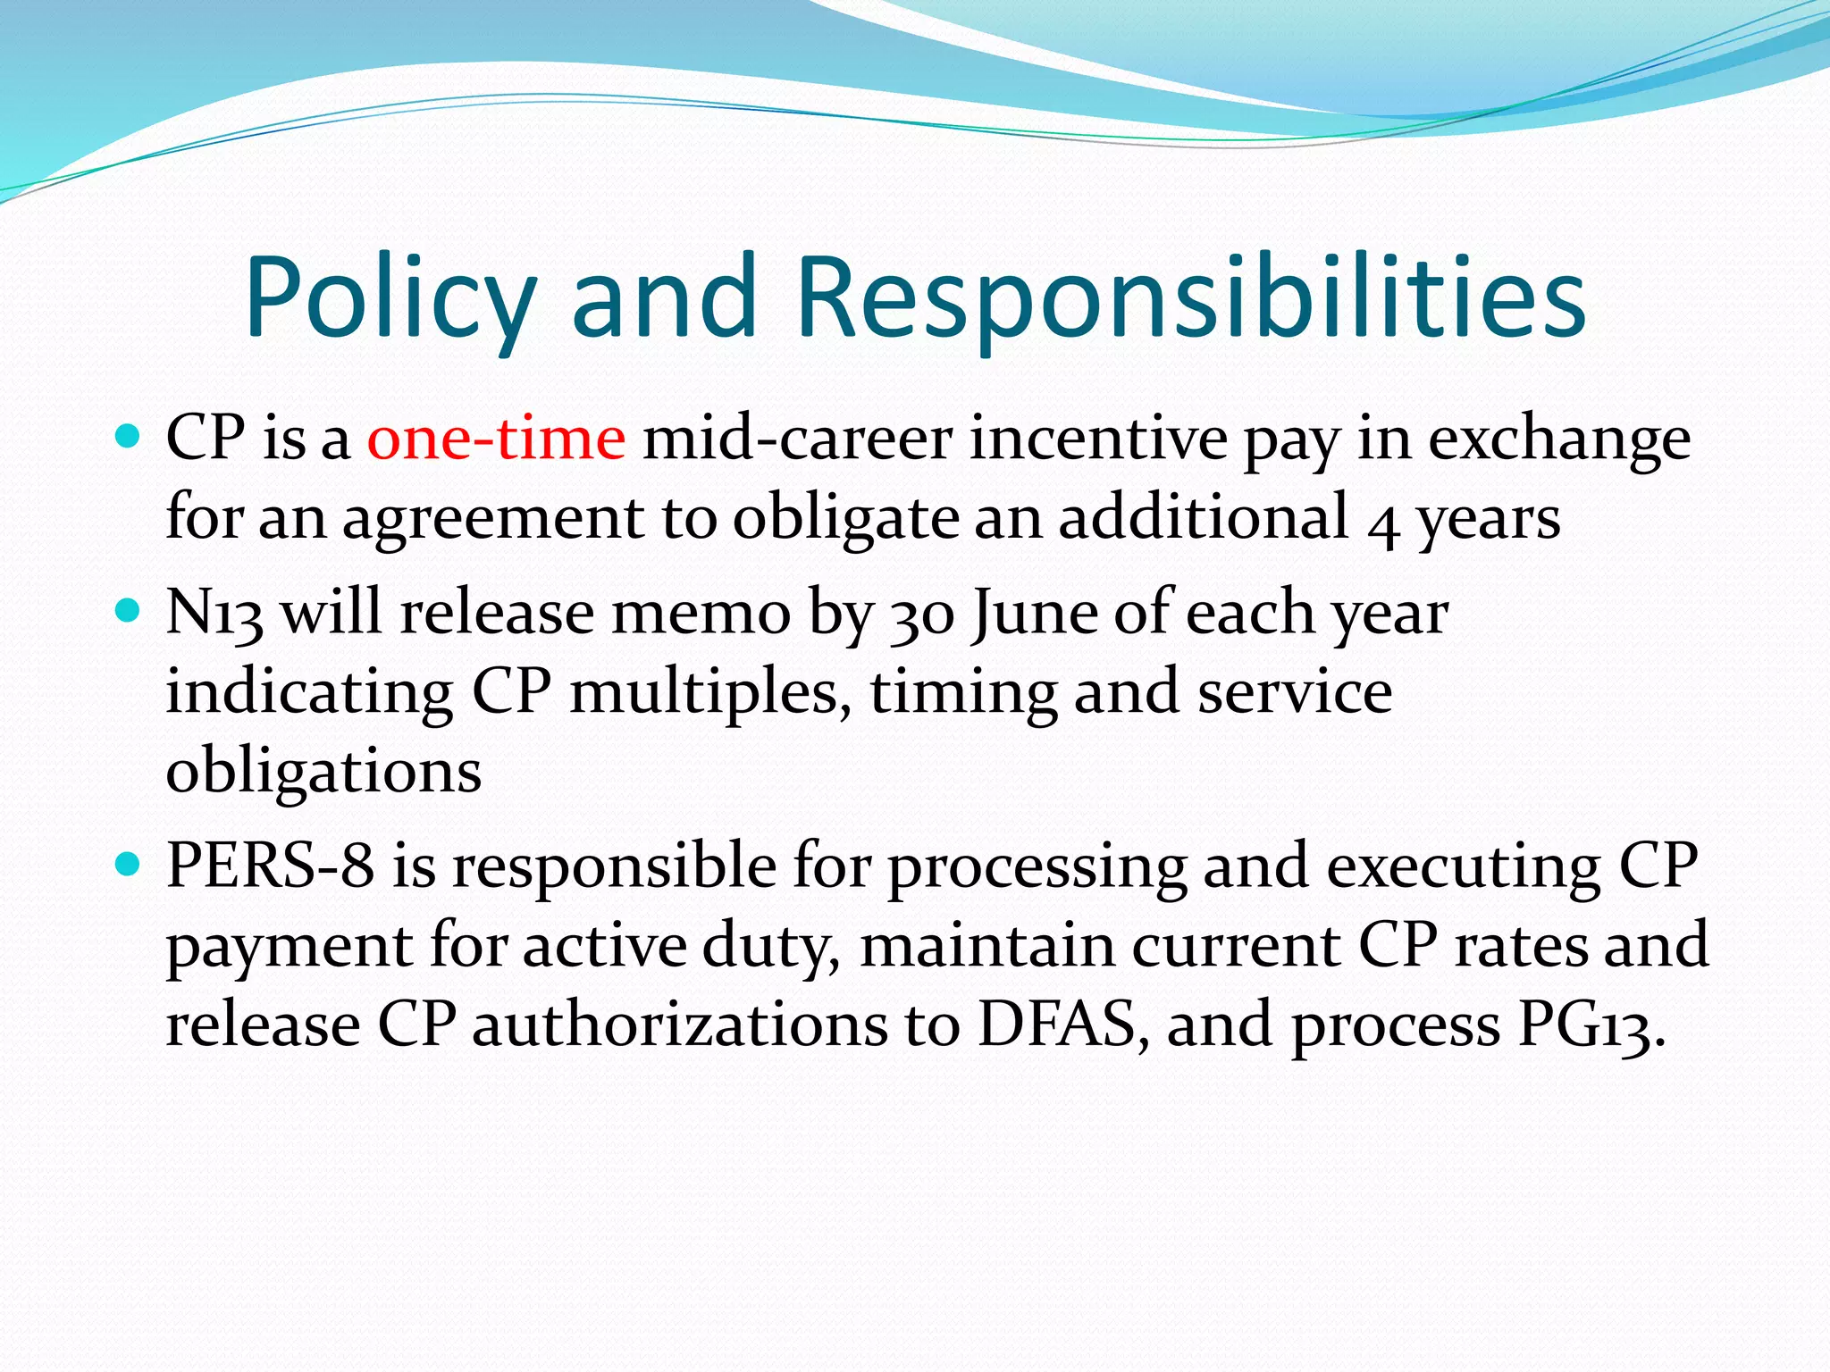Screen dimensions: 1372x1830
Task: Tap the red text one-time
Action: pos(496,439)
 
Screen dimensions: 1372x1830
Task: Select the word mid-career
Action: pos(797,439)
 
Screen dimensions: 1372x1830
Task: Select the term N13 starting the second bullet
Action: pos(214,614)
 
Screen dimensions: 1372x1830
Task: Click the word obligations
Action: pos(323,772)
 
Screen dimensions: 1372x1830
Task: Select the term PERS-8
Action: pos(270,866)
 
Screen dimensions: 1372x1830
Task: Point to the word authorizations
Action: pos(680,1024)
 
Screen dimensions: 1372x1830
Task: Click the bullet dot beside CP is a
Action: pos(130,437)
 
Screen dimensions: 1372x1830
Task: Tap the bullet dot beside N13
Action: pos(130,611)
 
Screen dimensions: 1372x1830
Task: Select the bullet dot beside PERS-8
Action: pos(130,864)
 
